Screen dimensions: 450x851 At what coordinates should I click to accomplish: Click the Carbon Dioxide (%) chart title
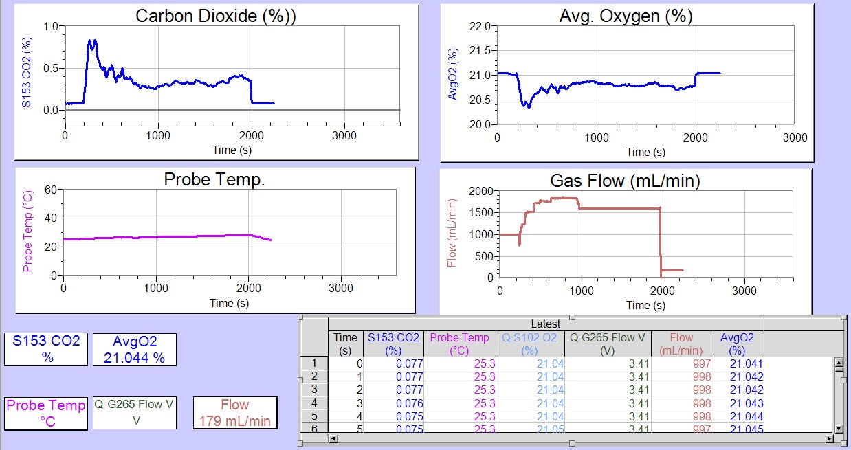(216, 16)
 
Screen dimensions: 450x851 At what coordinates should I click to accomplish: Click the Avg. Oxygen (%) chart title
(626, 17)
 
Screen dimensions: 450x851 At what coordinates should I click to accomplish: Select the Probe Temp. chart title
(214, 179)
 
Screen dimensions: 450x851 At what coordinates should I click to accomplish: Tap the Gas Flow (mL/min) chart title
(625, 181)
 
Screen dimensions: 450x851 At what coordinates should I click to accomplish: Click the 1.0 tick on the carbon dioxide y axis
(51, 26)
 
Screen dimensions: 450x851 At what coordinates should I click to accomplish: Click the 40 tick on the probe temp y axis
(49, 218)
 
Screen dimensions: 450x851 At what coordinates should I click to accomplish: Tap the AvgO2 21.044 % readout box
(135, 349)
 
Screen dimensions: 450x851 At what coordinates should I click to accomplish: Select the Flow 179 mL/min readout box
(235, 412)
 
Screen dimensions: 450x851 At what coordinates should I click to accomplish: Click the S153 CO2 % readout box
(47, 349)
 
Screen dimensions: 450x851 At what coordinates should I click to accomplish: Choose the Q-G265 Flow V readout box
(135, 412)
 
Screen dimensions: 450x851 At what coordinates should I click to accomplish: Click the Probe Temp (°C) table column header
(459, 344)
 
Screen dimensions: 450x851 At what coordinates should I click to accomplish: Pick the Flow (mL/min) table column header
(681, 344)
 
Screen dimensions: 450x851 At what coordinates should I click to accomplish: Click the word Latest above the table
(545, 324)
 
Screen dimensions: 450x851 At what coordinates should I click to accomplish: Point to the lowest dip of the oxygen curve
(528, 107)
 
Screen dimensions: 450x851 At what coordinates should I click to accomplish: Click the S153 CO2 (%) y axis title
(27, 72)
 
